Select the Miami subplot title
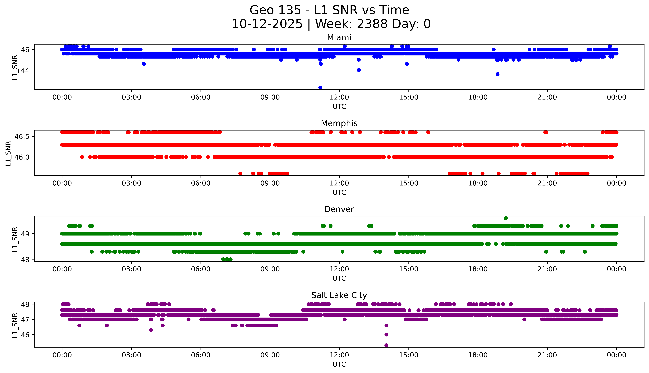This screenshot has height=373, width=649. (x=339, y=38)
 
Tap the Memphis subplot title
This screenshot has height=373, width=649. (x=339, y=123)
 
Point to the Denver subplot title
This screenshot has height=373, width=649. (x=339, y=209)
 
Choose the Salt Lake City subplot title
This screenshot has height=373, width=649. (x=339, y=295)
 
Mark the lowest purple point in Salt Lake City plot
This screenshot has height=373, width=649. (x=386, y=345)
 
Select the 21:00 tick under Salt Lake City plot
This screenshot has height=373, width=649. (x=547, y=355)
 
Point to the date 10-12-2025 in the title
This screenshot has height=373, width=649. (x=267, y=24)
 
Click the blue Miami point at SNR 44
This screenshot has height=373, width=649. (x=359, y=70)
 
